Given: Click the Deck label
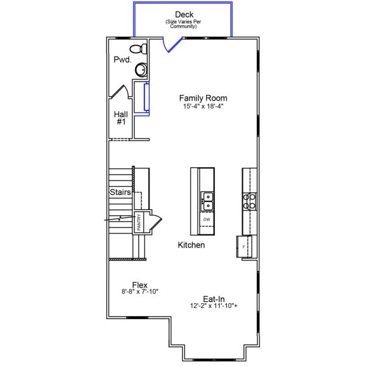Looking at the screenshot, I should pos(184,15).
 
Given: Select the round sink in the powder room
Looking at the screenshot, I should pos(141,70).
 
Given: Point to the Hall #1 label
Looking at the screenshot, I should pos(120,118).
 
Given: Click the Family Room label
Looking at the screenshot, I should pos(203,98).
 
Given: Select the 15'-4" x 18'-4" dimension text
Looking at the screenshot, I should pos(203,106).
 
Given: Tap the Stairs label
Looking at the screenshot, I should pos(120,192).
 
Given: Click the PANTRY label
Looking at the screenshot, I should pos(139,222).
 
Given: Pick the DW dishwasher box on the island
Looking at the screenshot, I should pos(206,219).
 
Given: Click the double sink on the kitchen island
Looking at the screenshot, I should pos(206,201).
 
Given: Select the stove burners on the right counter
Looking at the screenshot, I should pos(249,201).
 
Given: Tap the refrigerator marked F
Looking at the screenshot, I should pos(244,246).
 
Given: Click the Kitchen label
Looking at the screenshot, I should pos(191,245).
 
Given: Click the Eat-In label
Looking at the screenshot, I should pos(213,299).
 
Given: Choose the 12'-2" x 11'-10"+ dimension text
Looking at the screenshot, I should pos(213,307).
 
